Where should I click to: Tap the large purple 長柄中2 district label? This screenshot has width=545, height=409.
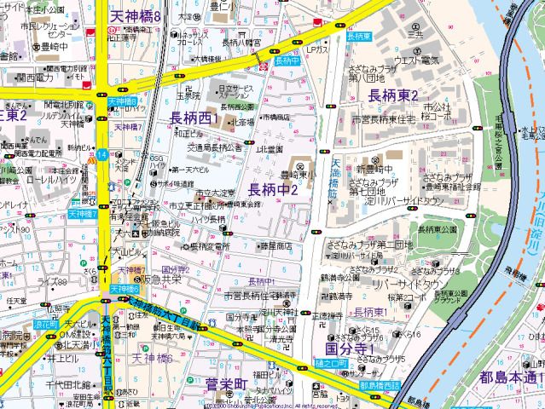(273, 188)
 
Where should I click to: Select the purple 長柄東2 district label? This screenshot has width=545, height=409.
(392, 94)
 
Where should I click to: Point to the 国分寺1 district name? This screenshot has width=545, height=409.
(351, 349)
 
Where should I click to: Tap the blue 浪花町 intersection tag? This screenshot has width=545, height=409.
(45, 325)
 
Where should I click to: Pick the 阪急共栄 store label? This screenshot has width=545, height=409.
(162, 279)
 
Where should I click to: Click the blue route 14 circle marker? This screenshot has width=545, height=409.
(101, 154)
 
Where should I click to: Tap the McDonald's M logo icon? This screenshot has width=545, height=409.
(89, 160)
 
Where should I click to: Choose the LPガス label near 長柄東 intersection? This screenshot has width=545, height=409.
(318, 50)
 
